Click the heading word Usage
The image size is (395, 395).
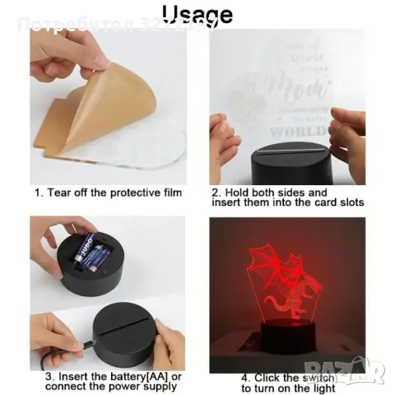197,16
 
